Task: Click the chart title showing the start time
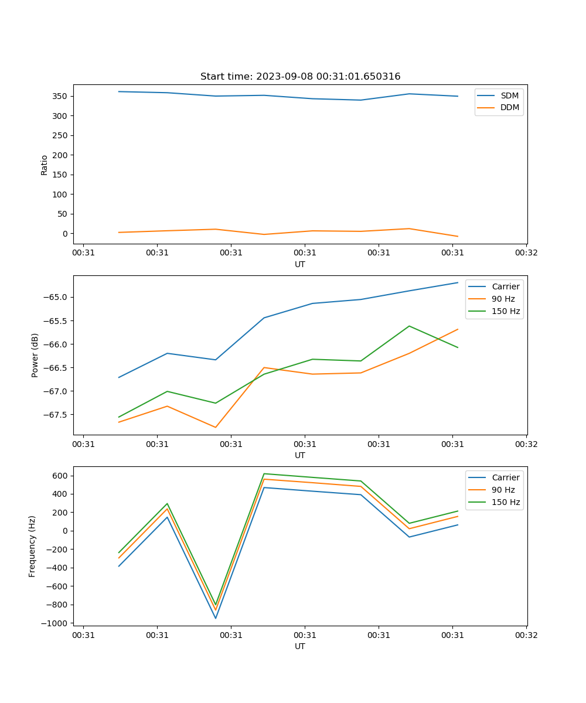[x=300, y=77]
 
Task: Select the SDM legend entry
[x=509, y=95]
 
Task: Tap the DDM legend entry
[x=509, y=107]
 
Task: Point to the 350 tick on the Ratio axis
[x=61, y=96]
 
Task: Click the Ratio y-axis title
[x=45, y=165]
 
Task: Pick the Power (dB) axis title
[x=35, y=355]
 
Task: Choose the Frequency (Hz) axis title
[x=32, y=546]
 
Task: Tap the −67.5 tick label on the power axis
[x=55, y=415]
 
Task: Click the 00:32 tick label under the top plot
[x=526, y=253]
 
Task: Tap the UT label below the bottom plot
[x=300, y=646]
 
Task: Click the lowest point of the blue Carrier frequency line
[x=216, y=618]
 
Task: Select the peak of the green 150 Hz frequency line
[x=264, y=473]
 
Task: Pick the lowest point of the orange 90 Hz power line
[x=216, y=427]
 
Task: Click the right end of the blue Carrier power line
[x=458, y=282]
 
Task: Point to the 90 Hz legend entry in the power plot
[x=503, y=299]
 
